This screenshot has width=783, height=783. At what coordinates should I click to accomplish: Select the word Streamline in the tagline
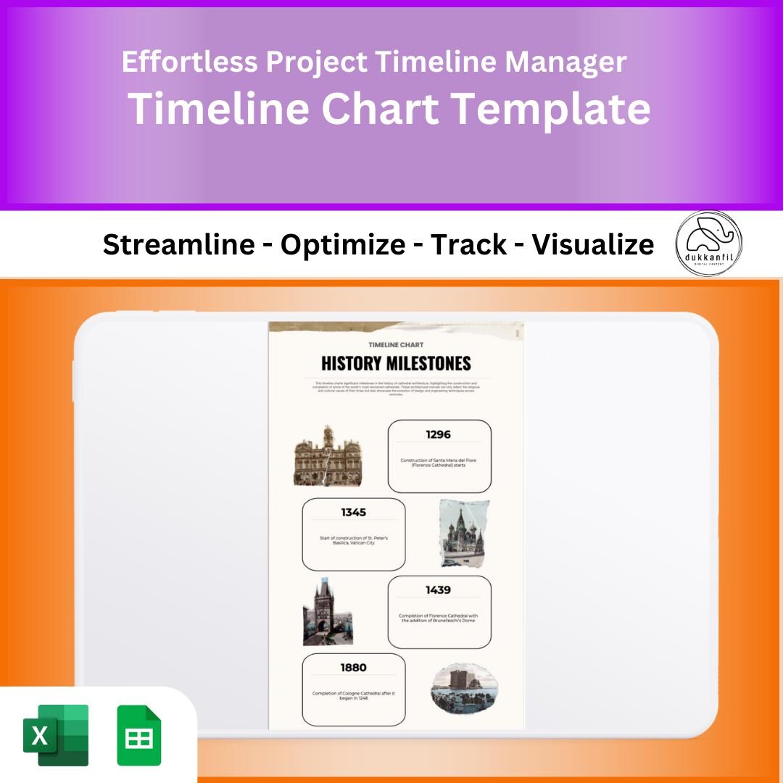click(x=178, y=245)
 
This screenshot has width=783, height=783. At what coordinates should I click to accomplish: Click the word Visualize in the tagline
click(x=592, y=245)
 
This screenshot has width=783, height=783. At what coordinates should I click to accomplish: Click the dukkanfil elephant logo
click(x=708, y=244)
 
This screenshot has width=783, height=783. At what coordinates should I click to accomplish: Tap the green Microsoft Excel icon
click(x=56, y=735)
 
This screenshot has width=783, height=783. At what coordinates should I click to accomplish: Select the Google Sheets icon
click(x=139, y=735)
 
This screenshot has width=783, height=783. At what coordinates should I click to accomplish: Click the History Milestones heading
click(x=396, y=363)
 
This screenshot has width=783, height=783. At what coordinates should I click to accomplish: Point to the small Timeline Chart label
click(x=396, y=344)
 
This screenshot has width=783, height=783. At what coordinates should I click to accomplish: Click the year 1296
click(x=439, y=434)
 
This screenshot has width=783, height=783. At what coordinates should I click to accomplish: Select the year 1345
click(x=353, y=513)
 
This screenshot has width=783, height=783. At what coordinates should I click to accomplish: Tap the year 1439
click(x=439, y=590)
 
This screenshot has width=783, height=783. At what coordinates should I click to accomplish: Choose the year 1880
click(x=353, y=668)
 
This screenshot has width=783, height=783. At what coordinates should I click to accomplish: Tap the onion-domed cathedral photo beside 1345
click(x=464, y=533)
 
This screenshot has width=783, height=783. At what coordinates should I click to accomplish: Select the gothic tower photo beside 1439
click(x=327, y=612)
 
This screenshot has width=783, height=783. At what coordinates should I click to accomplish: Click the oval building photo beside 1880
click(x=464, y=688)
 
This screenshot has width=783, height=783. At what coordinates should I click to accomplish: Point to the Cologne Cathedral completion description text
click(x=353, y=696)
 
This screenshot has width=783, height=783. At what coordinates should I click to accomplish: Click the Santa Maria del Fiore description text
click(x=439, y=463)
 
